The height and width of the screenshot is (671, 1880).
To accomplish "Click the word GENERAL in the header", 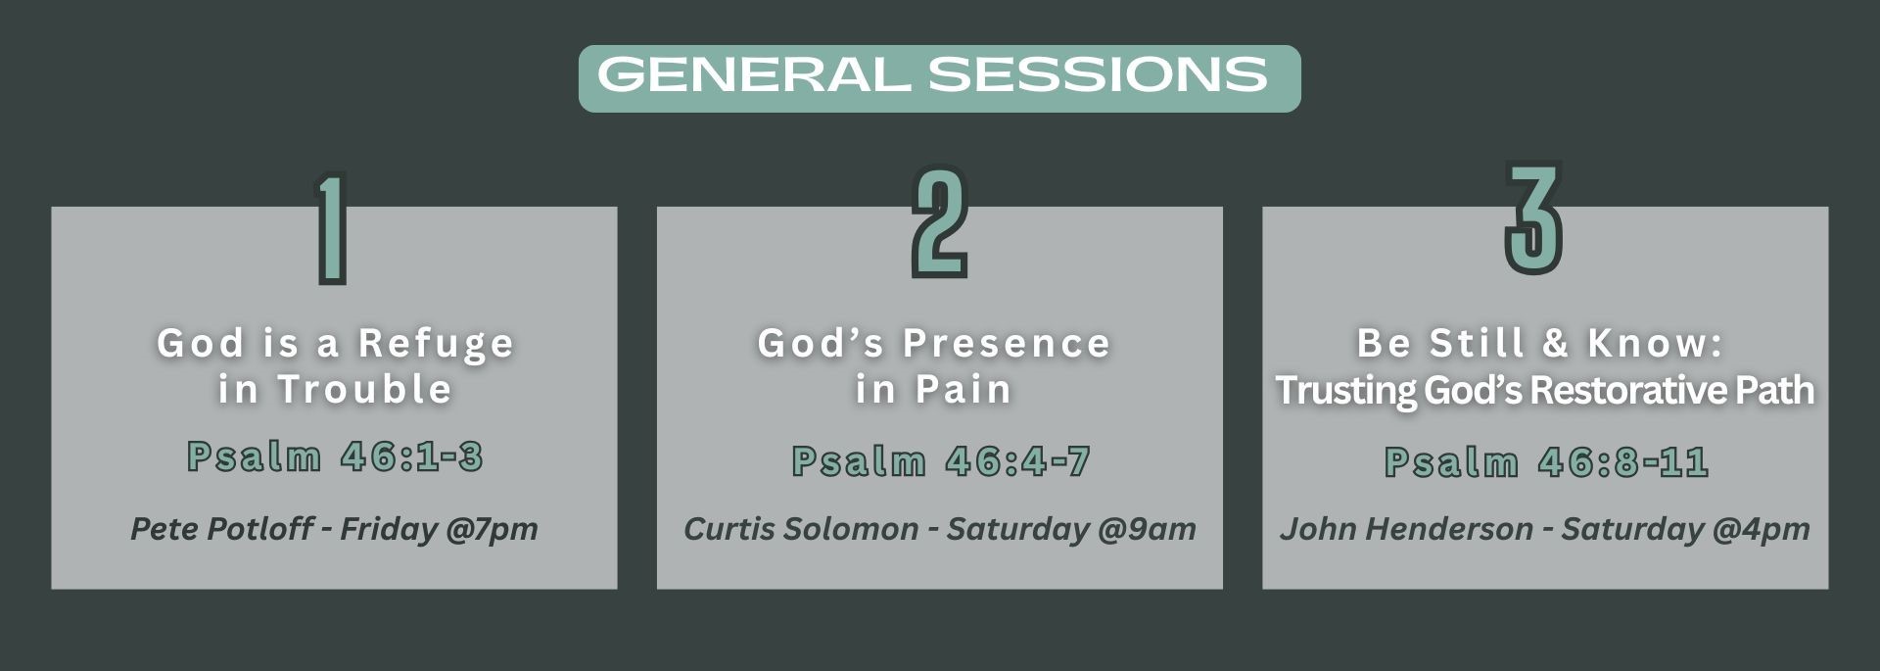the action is coord(754,75).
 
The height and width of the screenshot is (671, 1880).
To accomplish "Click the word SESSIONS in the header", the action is coord(1098,75).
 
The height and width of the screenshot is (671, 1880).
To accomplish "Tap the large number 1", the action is coord(332,229).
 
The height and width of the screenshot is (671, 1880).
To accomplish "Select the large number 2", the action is coord(939,221).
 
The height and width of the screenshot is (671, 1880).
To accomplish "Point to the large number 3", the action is coord(1533,217).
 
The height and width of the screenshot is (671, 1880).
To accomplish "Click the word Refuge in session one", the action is coord(436,344).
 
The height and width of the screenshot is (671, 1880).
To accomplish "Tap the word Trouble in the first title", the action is coord(364,389).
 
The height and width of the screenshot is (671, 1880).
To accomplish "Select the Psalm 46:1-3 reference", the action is coord(335,456).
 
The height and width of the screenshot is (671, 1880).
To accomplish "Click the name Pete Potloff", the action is coord(222,529).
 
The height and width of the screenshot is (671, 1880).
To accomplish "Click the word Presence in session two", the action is coord(1007,343).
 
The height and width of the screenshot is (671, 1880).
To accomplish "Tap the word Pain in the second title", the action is coord(963,389).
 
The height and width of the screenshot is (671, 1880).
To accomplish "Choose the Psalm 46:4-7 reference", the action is coord(941,461).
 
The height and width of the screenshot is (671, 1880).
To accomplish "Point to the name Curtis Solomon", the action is coord(801,529).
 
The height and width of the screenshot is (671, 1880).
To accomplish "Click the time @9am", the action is coord(1148,530).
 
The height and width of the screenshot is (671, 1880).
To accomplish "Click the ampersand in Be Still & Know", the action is coord(1556,343).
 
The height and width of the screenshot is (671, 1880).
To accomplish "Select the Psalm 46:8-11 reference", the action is coord(1546,461).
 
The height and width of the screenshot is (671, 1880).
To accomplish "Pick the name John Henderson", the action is coord(1406,529).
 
